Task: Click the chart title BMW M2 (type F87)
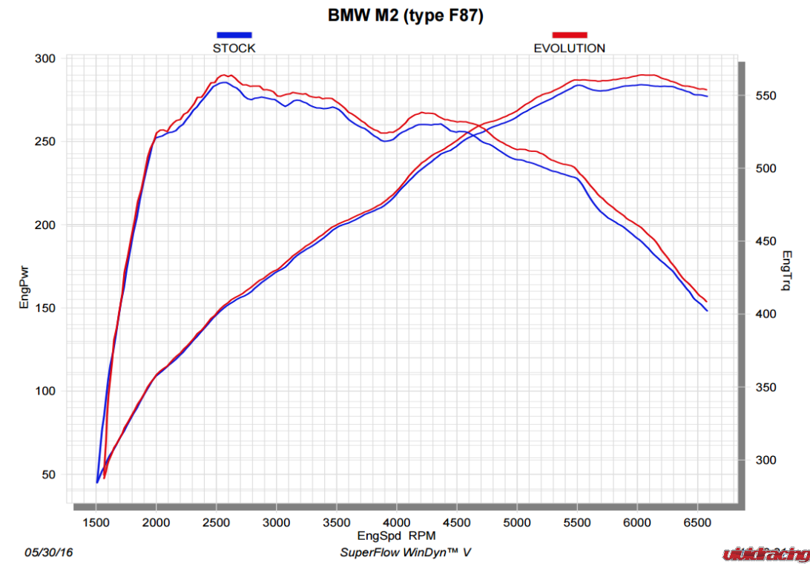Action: coord(406,16)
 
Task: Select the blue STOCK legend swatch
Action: coord(234,35)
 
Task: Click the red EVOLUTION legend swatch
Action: coord(569,35)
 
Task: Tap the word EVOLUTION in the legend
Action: coord(569,48)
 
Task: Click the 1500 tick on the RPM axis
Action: coord(96,522)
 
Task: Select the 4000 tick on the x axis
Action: coord(396,522)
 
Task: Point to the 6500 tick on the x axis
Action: coord(697,522)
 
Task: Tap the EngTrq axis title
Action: coord(787,270)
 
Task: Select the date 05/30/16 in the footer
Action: coord(49,552)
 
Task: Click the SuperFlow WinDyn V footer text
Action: coord(406,552)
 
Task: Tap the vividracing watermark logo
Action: coord(765,554)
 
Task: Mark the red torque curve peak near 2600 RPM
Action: coord(223,75)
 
